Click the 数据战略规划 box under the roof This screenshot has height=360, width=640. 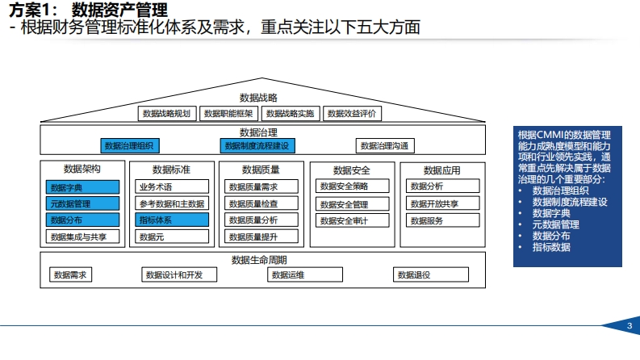[x=167, y=114]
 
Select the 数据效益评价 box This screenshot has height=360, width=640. [x=352, y=114]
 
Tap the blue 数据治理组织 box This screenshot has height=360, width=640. [x=130, y=146]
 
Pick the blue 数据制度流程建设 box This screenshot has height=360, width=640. [x=257, y=146]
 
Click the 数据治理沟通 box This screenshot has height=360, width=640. [x=385, y=146]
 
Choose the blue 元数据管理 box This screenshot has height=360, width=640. [x=82, y=203]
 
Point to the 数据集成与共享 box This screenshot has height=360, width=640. [x=82, y=237]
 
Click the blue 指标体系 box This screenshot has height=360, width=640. [x=172, y=220]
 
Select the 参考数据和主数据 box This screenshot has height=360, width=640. [x=172, y=203]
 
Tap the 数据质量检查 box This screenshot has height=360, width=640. [x=261, y=203]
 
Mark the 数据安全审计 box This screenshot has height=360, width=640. [x=352, y=220]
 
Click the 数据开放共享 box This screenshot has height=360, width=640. [x=442, y=203]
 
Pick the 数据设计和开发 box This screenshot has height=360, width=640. [x=179, y=274]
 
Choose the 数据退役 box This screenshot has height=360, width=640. [x=431, y=274]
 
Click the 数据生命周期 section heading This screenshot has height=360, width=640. [x=259, y=260]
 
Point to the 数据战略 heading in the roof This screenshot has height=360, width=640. [x=258, y=98]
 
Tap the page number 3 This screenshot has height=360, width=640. [x=630, y=326]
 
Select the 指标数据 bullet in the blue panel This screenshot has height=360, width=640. [x=551, y=247]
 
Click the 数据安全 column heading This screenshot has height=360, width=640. [x=351, y=170]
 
